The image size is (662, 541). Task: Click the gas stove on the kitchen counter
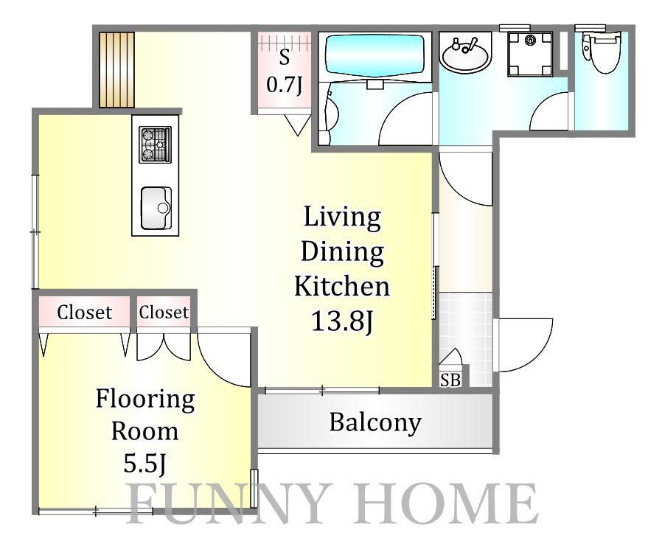(156, 144)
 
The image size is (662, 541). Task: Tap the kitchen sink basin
(156, 208)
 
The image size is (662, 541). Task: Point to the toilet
(602, 53)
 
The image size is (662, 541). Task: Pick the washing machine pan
(531, 54)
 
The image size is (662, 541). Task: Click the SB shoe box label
(450, 380)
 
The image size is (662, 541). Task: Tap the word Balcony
(375, 422)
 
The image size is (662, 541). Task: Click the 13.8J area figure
(342, 321)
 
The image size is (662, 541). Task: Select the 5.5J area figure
(144, 463)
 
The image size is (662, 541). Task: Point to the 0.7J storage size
(284, 85)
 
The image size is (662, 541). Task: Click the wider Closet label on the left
(85, 313)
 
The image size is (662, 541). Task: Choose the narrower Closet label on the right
(164, 313)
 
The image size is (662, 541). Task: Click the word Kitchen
(342, 286)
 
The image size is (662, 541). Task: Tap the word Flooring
(145, 399)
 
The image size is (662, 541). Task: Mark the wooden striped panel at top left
(117, 70)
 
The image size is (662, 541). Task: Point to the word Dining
(342, 251)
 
